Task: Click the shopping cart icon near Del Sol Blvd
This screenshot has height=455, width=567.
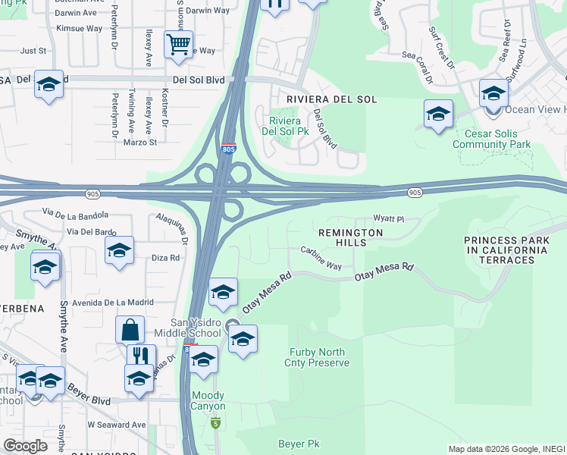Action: pyautogui.click(x=177, y=44)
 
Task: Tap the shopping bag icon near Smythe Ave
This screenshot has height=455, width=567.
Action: pyautogui.click(x=130, y=330)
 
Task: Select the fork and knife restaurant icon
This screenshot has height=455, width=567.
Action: pyautogui.click(x=141, y=356)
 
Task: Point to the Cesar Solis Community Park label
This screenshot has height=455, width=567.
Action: pyautogui.click(x=491, y=139)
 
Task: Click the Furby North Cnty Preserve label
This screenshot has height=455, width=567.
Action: pyautogui.click(x=318, y=357)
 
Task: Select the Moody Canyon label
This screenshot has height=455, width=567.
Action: pyautogui.click(x=208, y=400)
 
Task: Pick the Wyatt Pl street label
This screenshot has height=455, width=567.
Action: pyautogui.click(x=392, y=219)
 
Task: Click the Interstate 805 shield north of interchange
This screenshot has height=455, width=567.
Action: pyautogui.click(x=229, y=149)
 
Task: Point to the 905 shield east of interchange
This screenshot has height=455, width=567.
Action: pyautogui.click(x=415, y=193)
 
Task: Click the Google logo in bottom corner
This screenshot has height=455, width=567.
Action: pyautogui.click(x=25, y=446)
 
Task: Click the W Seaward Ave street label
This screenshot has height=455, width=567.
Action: pyautogui.click(x=117, y=425)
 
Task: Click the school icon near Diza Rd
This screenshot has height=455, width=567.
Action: pyautogui.click(x=119, y=250)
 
